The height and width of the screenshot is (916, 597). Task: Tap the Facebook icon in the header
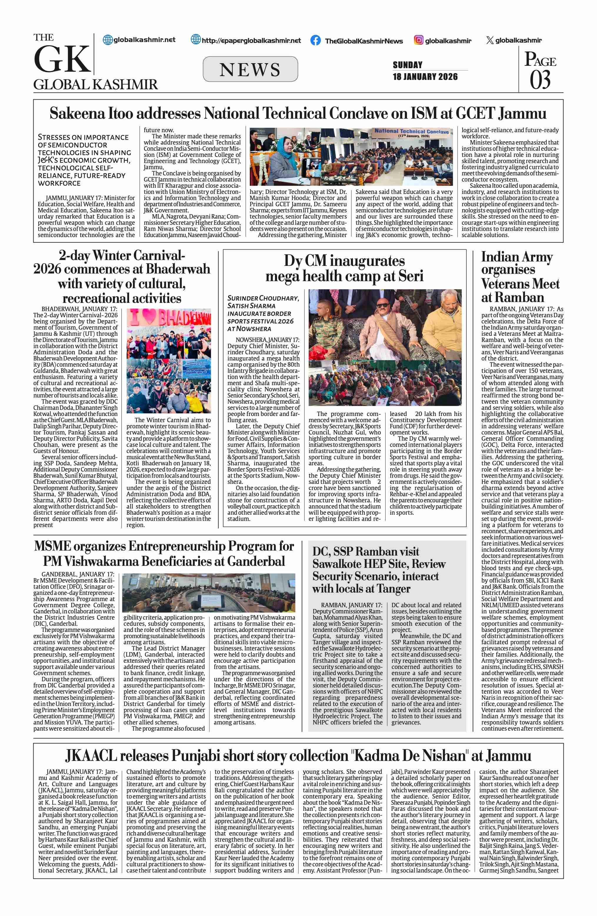(x=316, y=41)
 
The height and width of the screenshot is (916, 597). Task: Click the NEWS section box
(x=250, y=69)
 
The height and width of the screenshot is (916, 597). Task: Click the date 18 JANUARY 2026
(x=425, y=77)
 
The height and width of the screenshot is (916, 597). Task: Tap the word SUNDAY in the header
(x=408, y=65)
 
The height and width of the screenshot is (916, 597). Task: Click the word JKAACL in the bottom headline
(x=91, y=756)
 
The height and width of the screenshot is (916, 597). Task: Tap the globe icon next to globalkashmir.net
(x=108, y=40)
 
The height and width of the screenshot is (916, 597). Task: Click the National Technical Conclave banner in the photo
(x=411, y=132)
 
